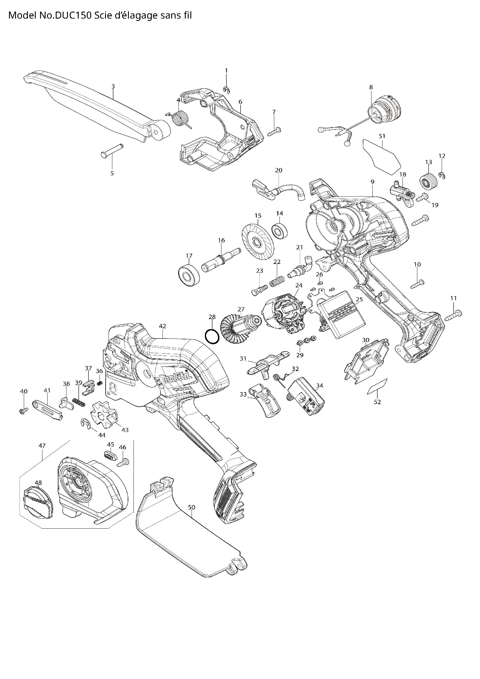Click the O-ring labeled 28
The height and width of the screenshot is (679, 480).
(x=212, y=336)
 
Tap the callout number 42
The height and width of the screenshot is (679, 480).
(x=163, y=326)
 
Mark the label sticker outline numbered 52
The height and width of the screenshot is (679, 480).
(x=377, y=386)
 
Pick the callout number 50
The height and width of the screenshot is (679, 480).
(x=192, y=507)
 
